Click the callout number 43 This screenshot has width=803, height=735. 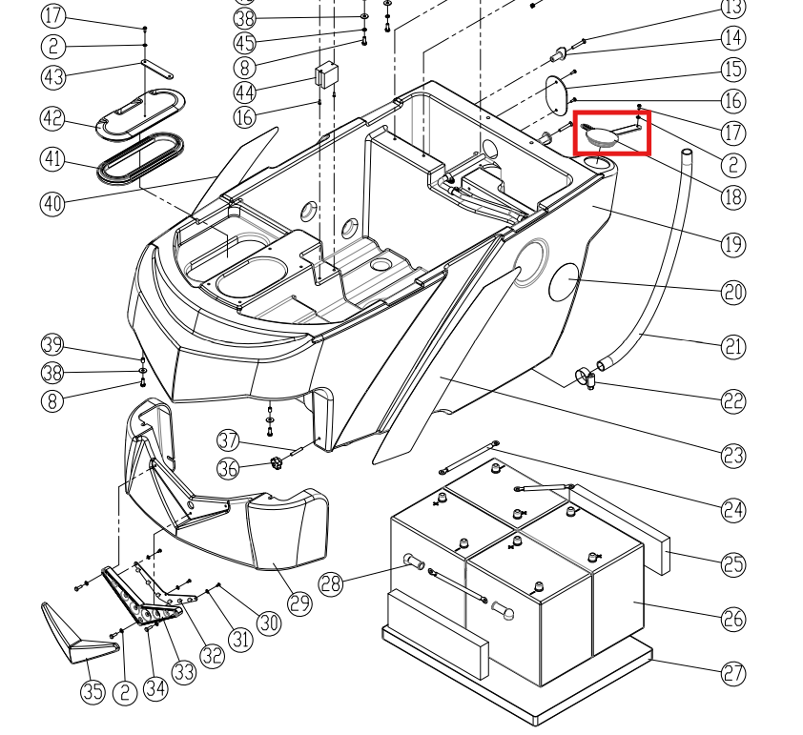tap(53, 76)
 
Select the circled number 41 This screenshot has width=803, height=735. tap(53, 159)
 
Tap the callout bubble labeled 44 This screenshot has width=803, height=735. tap(245, 92)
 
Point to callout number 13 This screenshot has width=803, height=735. tap(732, 9)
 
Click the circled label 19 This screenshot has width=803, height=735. tap(732, 244)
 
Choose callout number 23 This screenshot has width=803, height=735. tap(732, 456)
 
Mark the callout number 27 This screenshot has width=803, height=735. tap(732, 673)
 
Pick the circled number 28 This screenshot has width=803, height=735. tap(331, 583)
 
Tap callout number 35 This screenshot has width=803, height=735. tap(93, 691)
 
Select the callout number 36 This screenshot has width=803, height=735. tap(228, 468)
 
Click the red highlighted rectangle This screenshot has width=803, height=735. tap(611, 133)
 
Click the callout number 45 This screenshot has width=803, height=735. tap(245, 43)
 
